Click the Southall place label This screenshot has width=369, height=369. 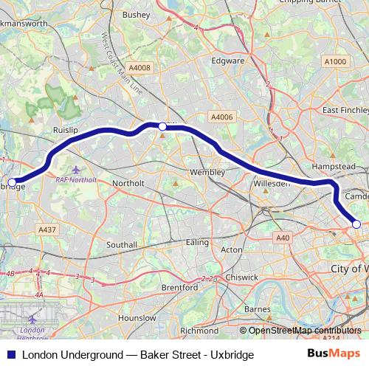pos(122,244)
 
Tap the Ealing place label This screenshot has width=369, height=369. pos(197,242)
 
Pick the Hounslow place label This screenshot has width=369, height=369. pos(137,317)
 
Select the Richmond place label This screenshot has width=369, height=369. pos(199,331)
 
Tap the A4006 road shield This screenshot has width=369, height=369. pos(221,117)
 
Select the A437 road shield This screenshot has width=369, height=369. pos(47,230)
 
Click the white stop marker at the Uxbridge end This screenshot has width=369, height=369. pos(12,182)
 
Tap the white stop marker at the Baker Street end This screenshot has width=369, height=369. pos(356,224)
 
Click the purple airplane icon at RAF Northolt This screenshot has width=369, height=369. pos(77,169)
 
